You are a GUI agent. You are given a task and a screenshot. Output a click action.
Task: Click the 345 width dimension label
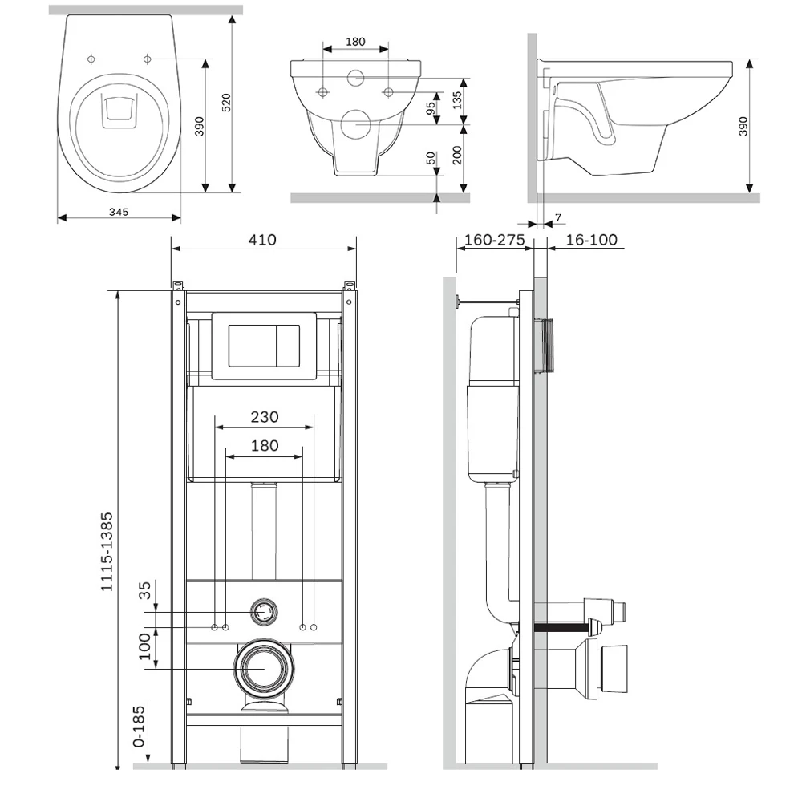tap(119, 211)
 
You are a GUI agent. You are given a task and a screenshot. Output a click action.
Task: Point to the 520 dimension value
tap(226, 103)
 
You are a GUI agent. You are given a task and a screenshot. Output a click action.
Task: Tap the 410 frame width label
tap(262, 239)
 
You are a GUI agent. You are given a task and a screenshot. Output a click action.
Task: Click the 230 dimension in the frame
tap(264, 416)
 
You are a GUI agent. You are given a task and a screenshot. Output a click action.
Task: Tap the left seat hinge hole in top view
tap(91, 59)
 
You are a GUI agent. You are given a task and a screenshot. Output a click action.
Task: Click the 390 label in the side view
tap(743, 126)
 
